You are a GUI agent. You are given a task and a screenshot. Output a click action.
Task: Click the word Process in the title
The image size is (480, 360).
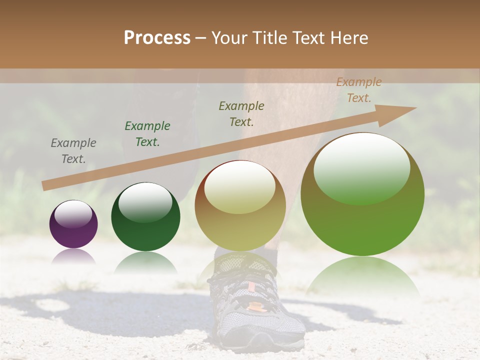pyautogui.click(x=157, y=38)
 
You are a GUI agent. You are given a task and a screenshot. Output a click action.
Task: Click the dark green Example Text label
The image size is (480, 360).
pyautogui.click(x=147, y=134)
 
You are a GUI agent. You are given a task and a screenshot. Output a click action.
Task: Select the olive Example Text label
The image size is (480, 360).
pyautogui.click(x=241, y=114)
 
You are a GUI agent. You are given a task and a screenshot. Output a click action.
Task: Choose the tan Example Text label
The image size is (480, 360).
pyautogui.click(x=358, y=90)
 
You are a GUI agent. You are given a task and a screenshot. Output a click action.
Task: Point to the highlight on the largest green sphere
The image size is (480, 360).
pyautogui.click(x=361, y=167)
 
